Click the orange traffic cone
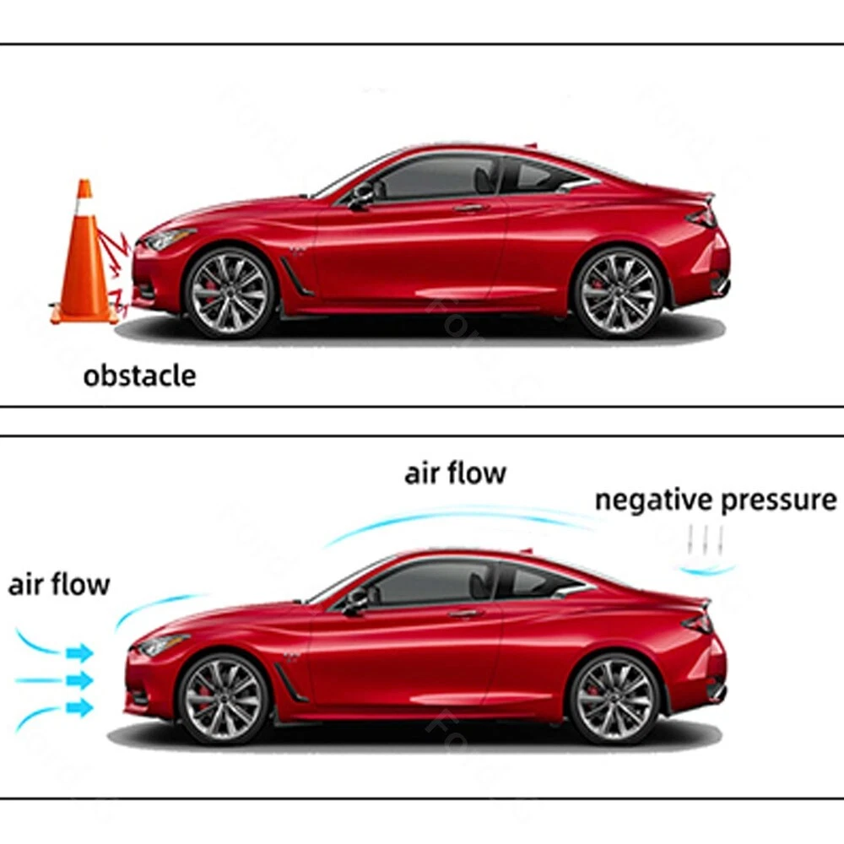point(84,262)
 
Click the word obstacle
point(139,376)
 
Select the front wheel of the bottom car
point(223,698)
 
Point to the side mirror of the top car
point(361,196)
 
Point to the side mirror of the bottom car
point(356,601)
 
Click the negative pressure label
point(716,500)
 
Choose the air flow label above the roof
point(455,473)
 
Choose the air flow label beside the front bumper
point(59,584)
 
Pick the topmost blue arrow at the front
point(79,652)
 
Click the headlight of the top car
point(169,239)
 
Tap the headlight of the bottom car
point(161,646)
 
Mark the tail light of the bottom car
point(700,623)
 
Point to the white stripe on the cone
point(84,208)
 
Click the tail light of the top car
point(703,217)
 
